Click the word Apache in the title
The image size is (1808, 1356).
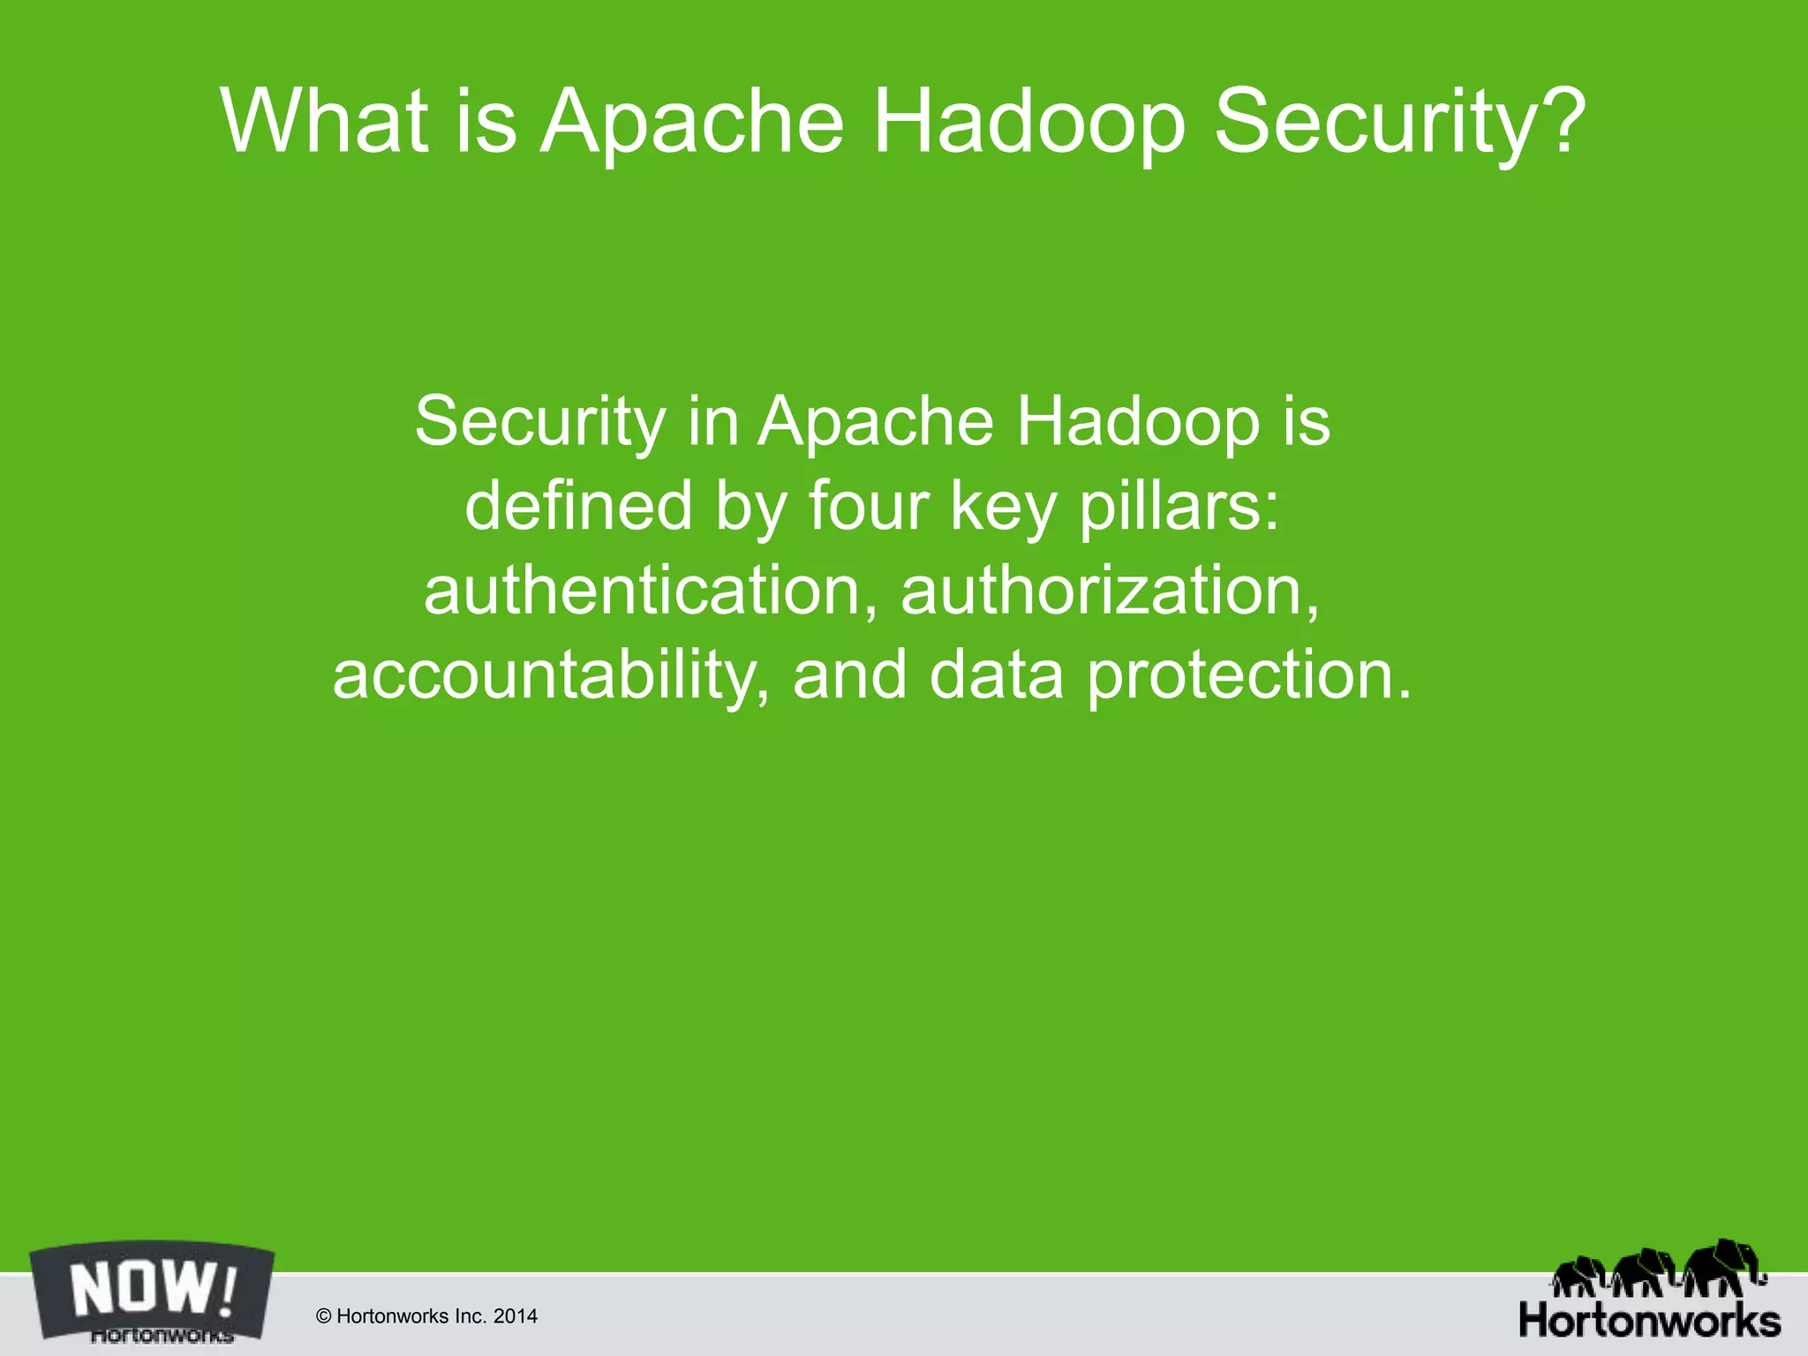pos(693,124)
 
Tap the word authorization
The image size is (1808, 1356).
pos(1110,591)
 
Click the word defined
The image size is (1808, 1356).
pos(578,506)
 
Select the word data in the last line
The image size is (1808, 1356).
pos(997,675)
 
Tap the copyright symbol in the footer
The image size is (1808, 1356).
pos(323,1317)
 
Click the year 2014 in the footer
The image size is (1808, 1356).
pos(516,1317)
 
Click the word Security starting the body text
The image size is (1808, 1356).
pos(540,421)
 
